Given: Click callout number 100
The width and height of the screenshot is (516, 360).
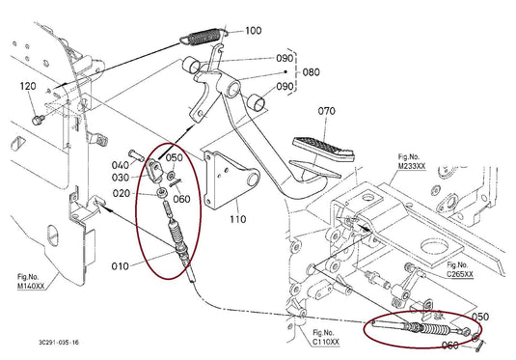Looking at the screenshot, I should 253,31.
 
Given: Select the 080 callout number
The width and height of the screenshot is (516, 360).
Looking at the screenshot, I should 310,71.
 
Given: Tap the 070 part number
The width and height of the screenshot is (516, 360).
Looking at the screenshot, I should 327,111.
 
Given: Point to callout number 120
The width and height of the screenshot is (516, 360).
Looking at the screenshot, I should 28,87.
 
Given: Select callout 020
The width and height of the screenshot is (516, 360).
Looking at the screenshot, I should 121,193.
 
